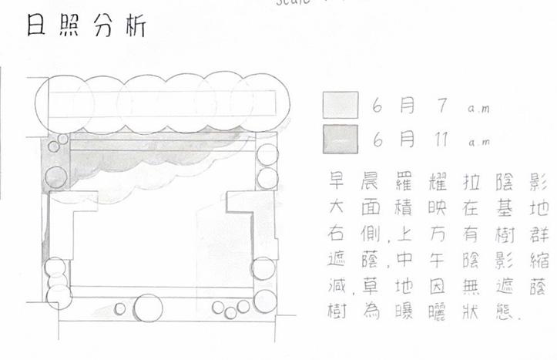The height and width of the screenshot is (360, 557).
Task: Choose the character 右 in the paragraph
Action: tap(335, 233)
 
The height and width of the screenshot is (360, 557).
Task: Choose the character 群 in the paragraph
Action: tap(534, 233)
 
